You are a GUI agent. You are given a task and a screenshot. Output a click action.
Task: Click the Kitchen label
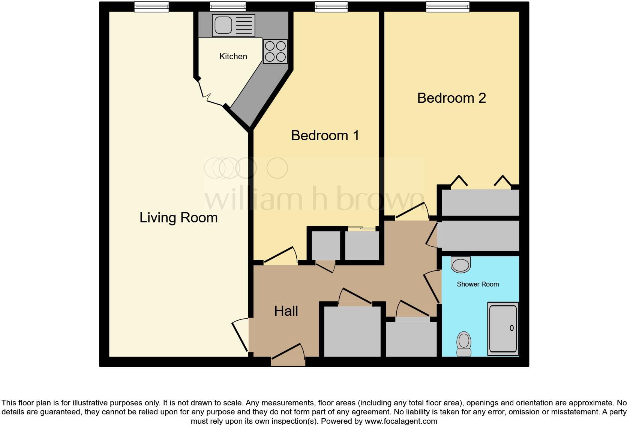point(233,57)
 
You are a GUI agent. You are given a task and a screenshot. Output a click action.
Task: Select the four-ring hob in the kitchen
point(275,51)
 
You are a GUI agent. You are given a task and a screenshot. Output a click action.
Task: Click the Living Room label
point(178,217)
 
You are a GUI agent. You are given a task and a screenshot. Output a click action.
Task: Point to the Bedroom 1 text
point(325,135)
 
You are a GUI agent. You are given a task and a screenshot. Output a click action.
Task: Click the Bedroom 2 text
point(451,98)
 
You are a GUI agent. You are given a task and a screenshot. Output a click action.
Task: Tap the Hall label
point(286,311)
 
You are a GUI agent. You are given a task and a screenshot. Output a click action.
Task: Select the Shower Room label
point(478,284)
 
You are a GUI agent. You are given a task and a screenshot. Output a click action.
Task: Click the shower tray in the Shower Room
point(502,329)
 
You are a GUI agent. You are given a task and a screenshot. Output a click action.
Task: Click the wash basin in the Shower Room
point(460,265)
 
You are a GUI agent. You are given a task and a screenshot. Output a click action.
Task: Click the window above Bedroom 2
point(448,6)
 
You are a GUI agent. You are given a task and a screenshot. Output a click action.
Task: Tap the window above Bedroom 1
point(331,6)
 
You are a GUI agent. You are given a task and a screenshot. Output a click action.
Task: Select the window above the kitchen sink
point(228,6)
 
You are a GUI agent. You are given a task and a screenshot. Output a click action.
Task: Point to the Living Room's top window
point(151,6)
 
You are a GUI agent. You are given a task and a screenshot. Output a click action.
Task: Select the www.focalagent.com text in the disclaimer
point(401,421)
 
